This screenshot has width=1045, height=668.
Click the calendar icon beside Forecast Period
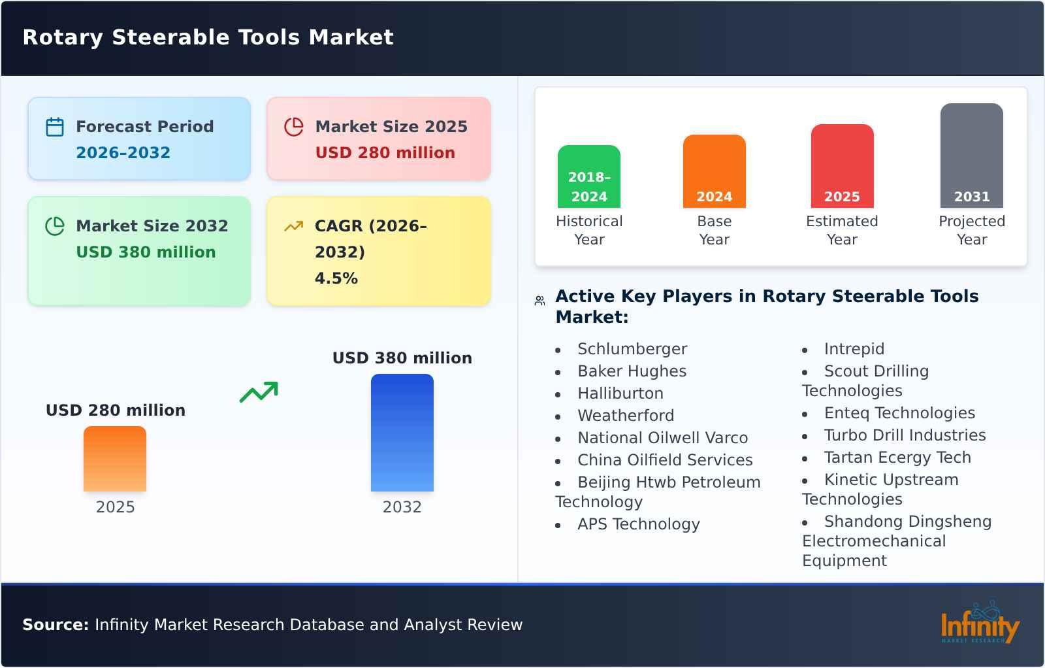point(55,127)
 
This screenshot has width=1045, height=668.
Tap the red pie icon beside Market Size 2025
point(294,127)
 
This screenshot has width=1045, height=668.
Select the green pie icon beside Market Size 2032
point(55,226)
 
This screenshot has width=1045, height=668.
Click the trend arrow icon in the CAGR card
point(294,226)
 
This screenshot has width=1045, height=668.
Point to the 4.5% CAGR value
point(336,278)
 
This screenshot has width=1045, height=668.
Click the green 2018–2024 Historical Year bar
point(588,176)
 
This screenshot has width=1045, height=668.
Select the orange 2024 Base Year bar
point(714,171)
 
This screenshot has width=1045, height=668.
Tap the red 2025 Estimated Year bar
point(842,166)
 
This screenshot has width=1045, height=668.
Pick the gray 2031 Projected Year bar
point(971,156)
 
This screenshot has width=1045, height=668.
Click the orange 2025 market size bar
point(115,459)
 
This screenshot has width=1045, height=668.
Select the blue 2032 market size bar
point(402,433)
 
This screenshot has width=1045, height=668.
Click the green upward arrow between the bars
point(259,392)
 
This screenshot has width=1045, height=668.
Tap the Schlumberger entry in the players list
point(632,349)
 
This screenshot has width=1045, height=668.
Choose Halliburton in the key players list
point(620,393)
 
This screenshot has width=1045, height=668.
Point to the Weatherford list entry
point(625,416)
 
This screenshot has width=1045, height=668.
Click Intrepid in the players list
point(854,349)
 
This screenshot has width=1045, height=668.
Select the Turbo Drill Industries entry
point(905,435)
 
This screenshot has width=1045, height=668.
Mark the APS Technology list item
point(638,524)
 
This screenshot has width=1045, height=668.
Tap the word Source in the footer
point(55,625)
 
